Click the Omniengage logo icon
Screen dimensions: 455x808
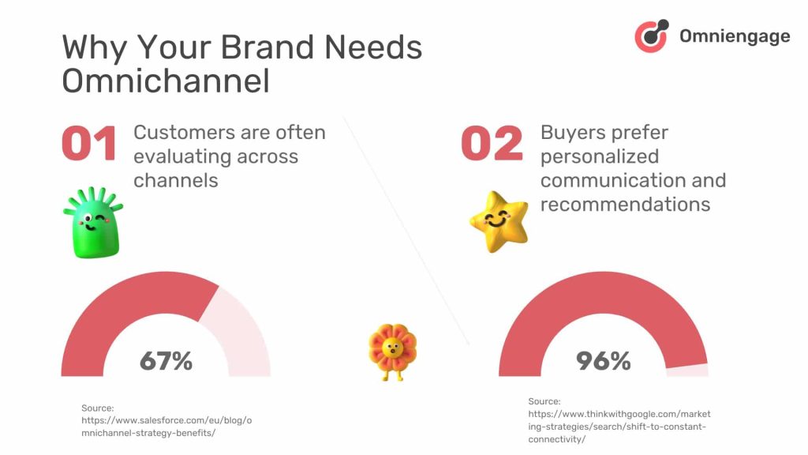click(x=652, y=36)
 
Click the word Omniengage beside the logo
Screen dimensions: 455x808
click(x=734, y=36)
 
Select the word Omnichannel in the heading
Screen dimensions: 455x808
click(x=166, y=81)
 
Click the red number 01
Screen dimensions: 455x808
click(x=89, y=145)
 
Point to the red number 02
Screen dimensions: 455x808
click(x=492, y=145)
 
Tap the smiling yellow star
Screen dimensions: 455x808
click(x=499, y=220)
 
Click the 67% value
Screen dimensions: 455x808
click(x=166, y=361)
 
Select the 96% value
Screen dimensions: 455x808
click(x=603, y=361)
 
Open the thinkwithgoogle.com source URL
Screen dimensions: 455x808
click(x=619, y=427)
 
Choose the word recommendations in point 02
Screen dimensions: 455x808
click(x=625, y=205)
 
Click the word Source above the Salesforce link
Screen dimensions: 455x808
click(x=98, y=408)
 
